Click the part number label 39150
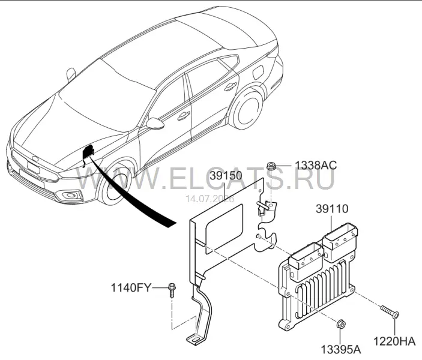226,176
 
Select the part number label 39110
332,209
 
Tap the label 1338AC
316,165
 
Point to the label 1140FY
131,288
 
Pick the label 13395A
341,350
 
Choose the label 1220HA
394,341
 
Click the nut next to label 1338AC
271,166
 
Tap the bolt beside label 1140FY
172,290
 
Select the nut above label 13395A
341,325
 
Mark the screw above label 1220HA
390,311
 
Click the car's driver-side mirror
155,123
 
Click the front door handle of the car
183,116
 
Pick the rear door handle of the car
231,87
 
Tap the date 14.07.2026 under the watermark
211,199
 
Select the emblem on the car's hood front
35,158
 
